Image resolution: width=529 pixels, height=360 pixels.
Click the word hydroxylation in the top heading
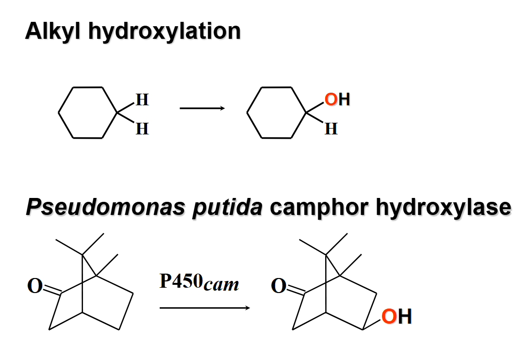pyautogui.click(x=165, y=32)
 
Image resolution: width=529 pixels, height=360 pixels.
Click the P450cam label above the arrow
pyautogui.click(x=199, y=282)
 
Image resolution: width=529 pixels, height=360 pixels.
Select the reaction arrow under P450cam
pyautogui.click(x=204, y=308)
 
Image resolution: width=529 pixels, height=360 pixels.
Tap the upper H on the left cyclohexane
pyautogui.click(x=142, y=100)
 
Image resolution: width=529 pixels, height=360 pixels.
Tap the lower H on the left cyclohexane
pyautogui.click(x=142, y=129)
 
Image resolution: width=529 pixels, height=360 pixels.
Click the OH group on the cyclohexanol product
pyautogui.click(x=337, y=100)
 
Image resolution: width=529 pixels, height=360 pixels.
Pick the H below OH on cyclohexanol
pyautogui.click(x=331, y=129)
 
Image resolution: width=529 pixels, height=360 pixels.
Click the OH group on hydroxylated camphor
pyautogui.click(x=397, y=316)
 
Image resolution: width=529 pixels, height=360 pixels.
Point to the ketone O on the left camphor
pyautogui.click(x=35, y=286)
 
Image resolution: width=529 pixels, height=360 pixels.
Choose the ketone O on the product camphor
pyautogui.click(x=278, y=286)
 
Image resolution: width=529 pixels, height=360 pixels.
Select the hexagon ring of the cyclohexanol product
pyautogui.click(x=277, y=113)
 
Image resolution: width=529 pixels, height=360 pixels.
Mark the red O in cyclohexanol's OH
pyautogui.click(x=331, y=100)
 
